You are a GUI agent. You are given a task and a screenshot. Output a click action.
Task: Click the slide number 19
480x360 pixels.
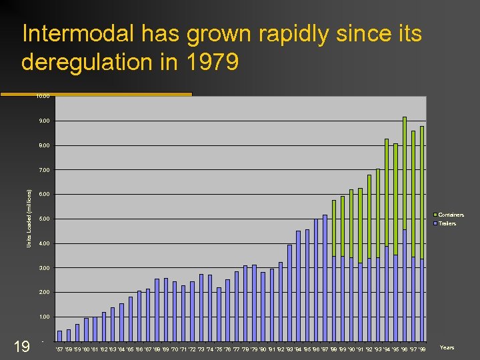(22, 346)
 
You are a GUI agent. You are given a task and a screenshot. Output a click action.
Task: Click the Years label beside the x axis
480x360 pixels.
(447, 347)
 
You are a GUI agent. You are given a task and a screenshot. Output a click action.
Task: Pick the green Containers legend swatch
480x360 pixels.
(435, 215)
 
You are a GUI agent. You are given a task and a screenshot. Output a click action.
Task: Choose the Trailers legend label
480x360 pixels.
(447, 223)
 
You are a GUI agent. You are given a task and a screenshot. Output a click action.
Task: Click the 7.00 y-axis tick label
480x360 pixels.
(43, 170)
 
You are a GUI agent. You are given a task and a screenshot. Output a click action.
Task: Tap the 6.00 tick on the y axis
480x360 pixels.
(43, 194)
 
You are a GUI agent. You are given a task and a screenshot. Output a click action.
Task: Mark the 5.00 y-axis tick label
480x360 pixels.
(43, 219)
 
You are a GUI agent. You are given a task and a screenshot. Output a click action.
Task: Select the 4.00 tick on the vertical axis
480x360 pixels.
(43, 243)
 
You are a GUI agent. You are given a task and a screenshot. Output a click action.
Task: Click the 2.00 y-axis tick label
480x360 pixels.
(43, 292)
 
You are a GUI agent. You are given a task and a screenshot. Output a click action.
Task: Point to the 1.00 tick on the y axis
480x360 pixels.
(43, 317)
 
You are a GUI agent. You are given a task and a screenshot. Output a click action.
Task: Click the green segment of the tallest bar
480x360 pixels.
(405, 173)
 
